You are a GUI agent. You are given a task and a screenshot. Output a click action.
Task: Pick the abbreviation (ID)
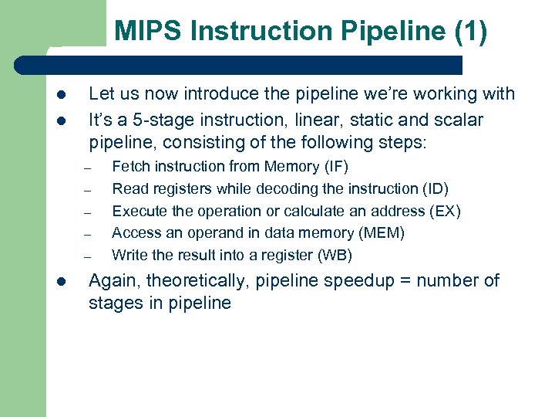pyautogui.click(x=436, y=188)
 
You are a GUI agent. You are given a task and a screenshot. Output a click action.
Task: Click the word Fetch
pyautogui.click(x=130, y=166)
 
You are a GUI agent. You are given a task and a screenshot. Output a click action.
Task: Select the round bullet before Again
pyautogui.click(x=61, y=281)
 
